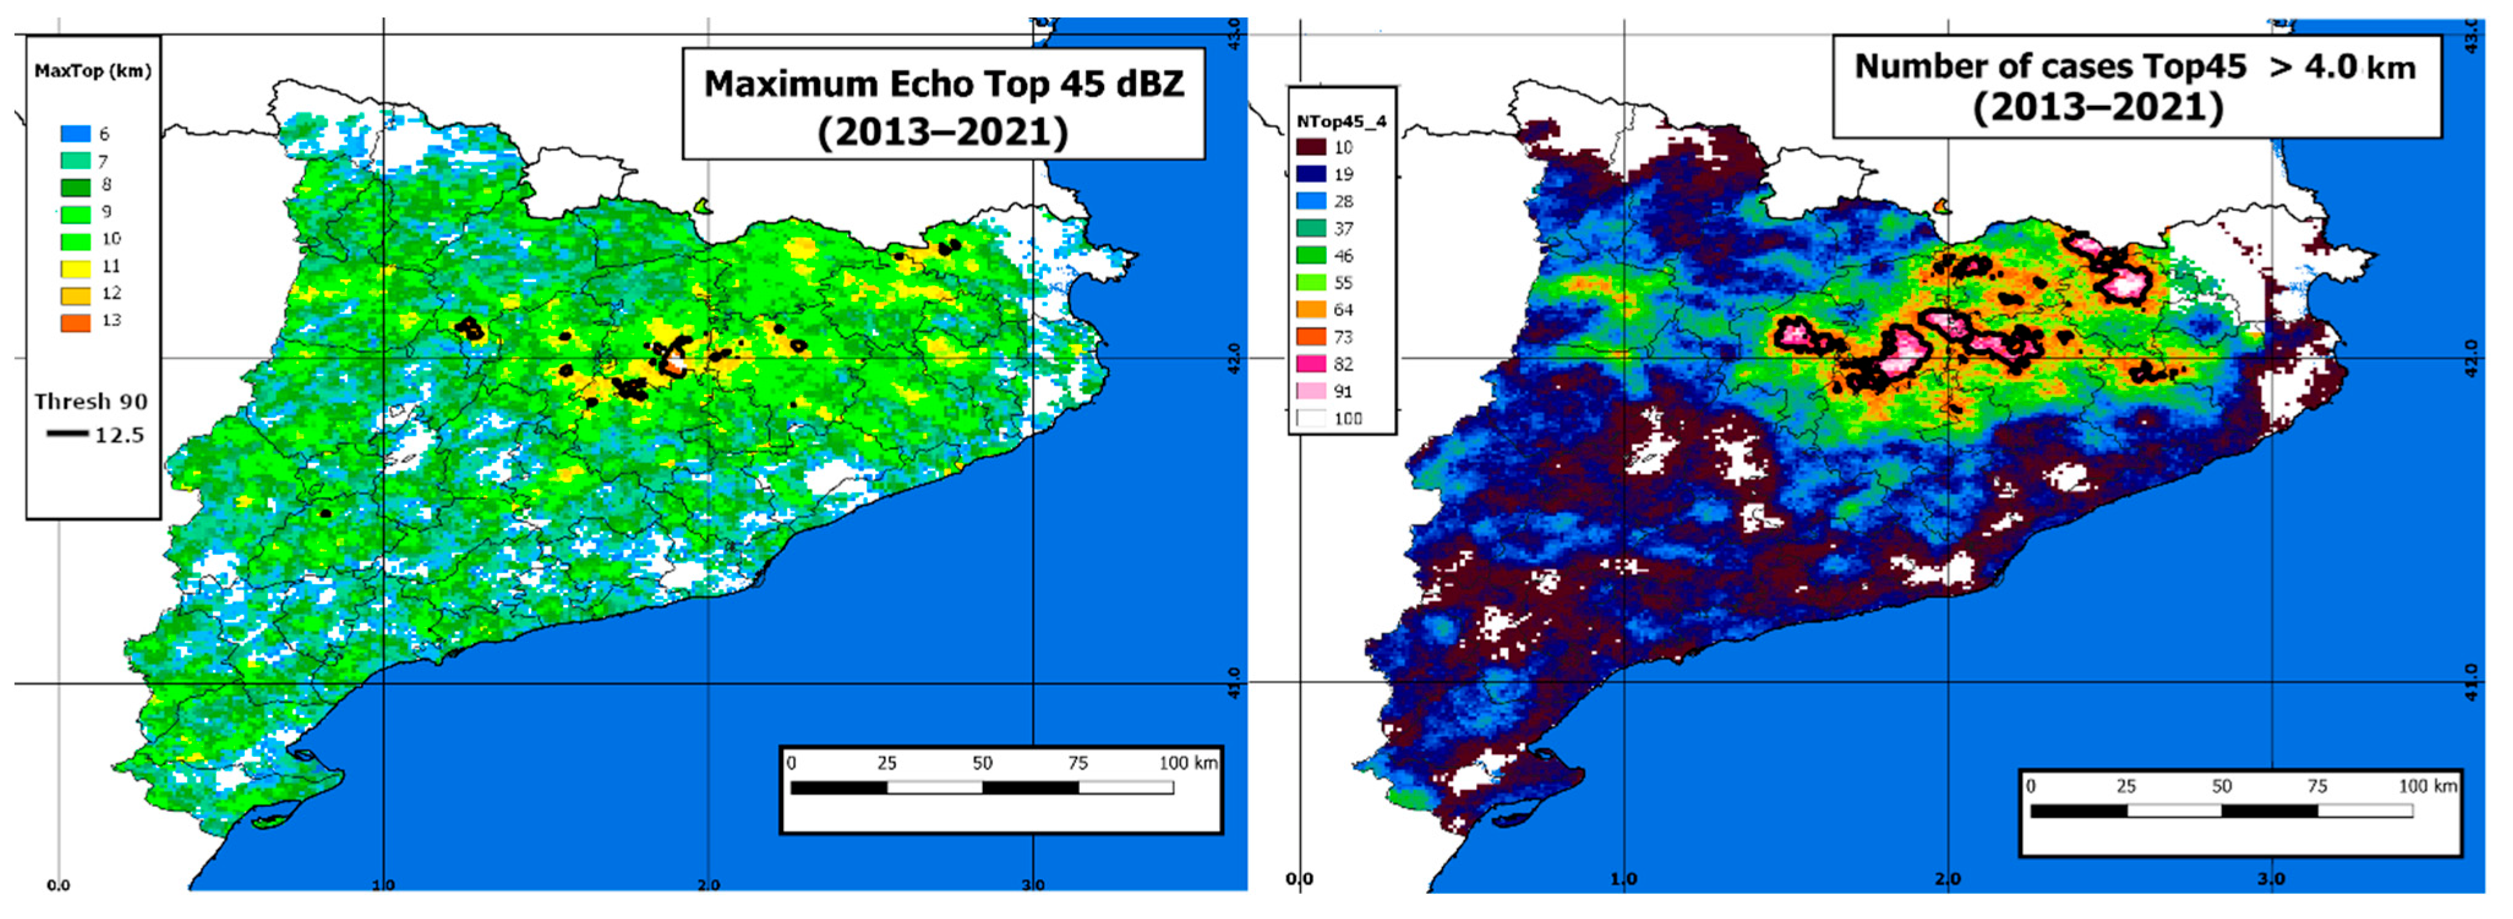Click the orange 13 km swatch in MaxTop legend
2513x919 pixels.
[x=75, y=321]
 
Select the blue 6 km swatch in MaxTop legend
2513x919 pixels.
[x=75, y=133]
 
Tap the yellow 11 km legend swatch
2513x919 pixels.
[x=75, y=267]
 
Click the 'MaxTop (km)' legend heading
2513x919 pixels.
[x=92, y=71]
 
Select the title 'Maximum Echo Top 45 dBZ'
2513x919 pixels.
[x=943, y=84]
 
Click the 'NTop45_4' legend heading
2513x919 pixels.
[x=1342, y=122]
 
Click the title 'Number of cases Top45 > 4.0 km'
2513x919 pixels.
[x=2135, y=66]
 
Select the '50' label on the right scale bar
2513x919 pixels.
[x=2221, y=786]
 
